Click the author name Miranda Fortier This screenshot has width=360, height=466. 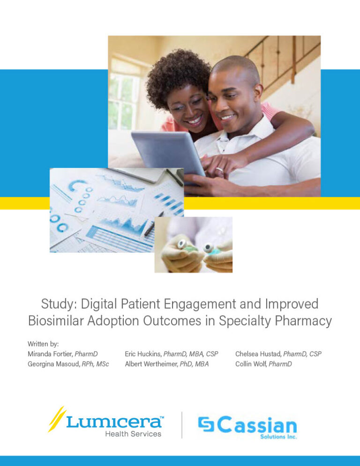tap(47, 354)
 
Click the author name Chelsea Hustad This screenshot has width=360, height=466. tap(258, 354)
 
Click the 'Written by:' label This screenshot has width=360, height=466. tap(43, 344)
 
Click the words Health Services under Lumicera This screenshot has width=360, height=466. tap(133, 434)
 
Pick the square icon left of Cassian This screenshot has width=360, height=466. tap(206, 425)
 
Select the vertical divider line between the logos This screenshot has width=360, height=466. tap(182, 425)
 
